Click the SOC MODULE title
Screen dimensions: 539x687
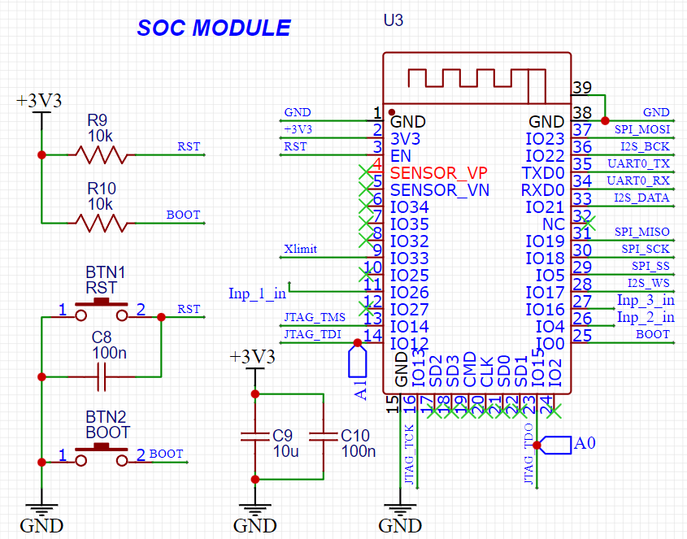(213, 28)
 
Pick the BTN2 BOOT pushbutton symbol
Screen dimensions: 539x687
(102, 457)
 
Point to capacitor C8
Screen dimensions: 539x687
(102, 376)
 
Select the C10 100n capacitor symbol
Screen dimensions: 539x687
(324, 437)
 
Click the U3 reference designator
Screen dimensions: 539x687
(393, 20)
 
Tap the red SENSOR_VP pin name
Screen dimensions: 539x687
(439, 173)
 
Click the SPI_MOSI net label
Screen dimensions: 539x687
(642, 129)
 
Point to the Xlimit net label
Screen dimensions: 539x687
(301, 249)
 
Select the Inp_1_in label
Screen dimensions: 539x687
(257, 293)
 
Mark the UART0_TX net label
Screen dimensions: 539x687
(639, 163)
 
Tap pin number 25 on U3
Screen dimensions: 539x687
(582, 335)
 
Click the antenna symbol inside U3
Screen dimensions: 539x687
(476, 79)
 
